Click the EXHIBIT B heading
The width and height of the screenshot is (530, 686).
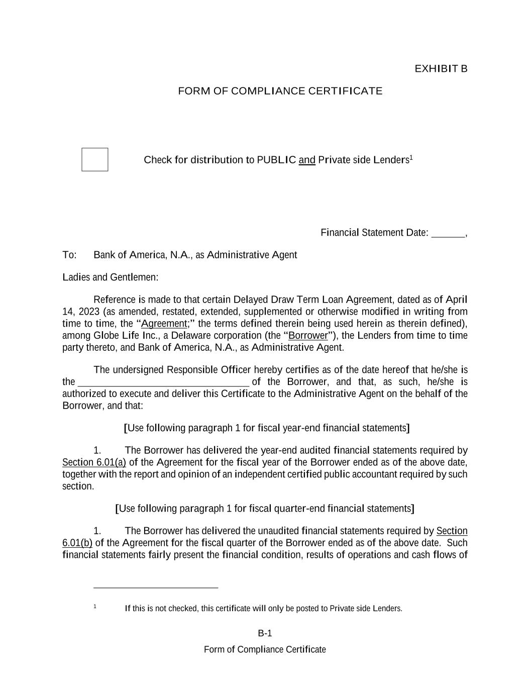(x=441, y=69)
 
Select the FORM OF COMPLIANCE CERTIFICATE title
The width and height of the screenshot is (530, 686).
(x=280, y=91)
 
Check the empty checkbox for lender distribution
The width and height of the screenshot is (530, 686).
(x=95, y=159)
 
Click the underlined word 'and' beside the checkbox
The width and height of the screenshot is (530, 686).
(x=307, y=160)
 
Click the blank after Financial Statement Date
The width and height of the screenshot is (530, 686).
(x=448, y=233)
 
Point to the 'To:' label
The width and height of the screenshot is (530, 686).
(x=69, y=255)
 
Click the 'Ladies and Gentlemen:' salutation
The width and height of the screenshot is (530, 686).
(x=110, y=277)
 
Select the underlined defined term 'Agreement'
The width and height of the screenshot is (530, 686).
(x=164, y=324)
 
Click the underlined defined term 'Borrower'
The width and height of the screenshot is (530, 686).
(x=308, y=336)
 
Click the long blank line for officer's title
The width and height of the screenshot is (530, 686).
(x=163, y=382)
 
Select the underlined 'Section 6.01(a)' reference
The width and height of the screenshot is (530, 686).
(x=94, y=462)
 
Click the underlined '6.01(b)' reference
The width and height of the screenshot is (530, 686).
(x=77, y=543)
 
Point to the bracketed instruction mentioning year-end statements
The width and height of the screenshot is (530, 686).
(x=267, y=428)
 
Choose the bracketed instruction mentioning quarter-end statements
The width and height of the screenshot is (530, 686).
(x=265, y=509)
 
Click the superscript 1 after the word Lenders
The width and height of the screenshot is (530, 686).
(x=411, y=157)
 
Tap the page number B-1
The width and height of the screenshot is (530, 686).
(x=265, y=633)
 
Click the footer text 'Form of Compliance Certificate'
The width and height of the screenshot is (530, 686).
(x=265, y=649)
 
